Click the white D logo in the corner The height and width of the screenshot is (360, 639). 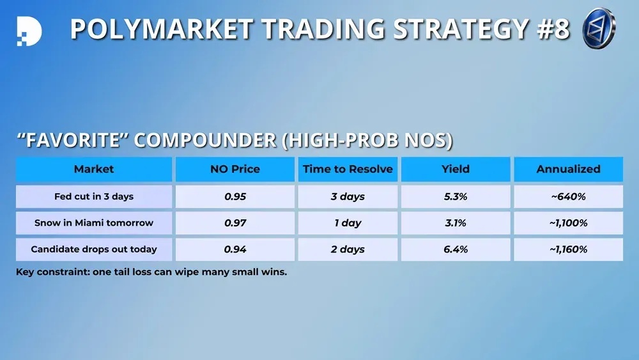29,31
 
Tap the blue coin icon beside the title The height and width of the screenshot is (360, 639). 599,28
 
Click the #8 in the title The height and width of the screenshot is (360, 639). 553,29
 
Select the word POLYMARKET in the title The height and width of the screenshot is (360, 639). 162,29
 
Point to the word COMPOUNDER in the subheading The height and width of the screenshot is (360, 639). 205,140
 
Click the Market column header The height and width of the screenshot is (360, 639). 94,169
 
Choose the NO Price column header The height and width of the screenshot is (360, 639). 235,169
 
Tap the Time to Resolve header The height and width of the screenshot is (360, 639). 348,169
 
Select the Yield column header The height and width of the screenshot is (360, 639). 456,169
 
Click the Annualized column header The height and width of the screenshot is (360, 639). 569,169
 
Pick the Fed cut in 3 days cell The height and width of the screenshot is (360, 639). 94,196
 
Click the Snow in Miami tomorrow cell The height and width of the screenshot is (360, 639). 94,223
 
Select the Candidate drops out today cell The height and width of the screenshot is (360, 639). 94,249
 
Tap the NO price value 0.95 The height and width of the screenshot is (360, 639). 235,196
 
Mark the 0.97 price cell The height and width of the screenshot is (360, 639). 235,223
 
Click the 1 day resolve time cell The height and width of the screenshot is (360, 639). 348,223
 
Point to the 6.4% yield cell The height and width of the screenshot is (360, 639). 456,249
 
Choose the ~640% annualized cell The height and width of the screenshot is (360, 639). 569,196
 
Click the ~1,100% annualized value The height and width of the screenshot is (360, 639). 569,223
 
